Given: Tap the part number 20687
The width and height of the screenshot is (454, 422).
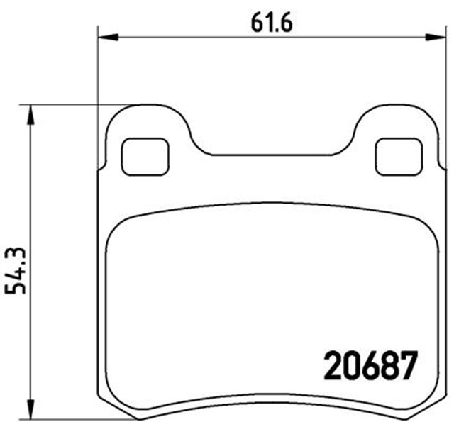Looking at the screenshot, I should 369,366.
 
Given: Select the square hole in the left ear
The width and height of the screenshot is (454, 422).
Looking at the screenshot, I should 146,156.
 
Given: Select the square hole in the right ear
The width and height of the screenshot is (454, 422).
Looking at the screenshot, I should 398,156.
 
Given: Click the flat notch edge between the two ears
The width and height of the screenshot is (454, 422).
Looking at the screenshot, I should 273,154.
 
